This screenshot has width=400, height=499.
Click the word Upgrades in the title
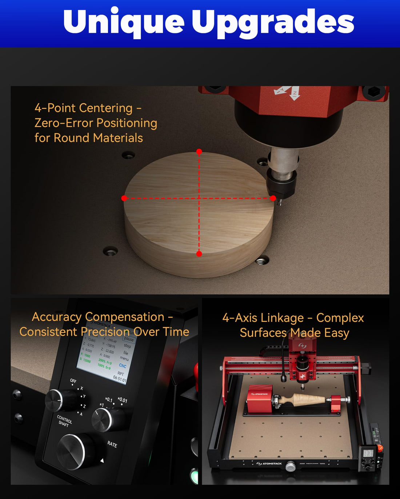[x=273, y=23]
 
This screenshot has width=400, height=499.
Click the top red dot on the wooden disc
[x=199, y=151]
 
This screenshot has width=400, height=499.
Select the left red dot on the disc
[x=124, y=198]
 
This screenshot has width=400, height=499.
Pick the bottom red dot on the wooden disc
[x=199, y=254]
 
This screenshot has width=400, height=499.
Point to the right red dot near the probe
[x=273, y=198]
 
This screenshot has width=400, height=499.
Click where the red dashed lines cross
[x=199, y=198]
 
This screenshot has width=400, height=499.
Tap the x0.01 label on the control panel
[x=123, y=400]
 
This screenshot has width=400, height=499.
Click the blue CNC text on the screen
[x=123, y=366]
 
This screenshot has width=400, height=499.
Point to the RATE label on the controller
[x=112, y=444]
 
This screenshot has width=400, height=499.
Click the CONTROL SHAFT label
[x=64, y=421]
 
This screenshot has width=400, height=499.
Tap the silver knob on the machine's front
[x=290, y=466]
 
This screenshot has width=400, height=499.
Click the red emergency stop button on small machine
[x=380, y=448]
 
